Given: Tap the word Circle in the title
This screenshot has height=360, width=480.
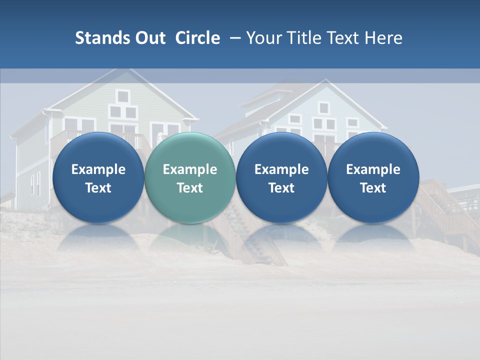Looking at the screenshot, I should tap(197, 38).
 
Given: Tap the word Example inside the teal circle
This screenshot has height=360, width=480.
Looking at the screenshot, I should tap(190, 169).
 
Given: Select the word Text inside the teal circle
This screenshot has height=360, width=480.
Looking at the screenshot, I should tap(190, 188).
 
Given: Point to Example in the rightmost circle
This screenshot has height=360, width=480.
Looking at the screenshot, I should tap(373, 169).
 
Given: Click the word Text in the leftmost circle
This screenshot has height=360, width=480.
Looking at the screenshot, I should tap(98, 188).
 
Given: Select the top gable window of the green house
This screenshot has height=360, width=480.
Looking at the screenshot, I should tap(122, 95).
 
